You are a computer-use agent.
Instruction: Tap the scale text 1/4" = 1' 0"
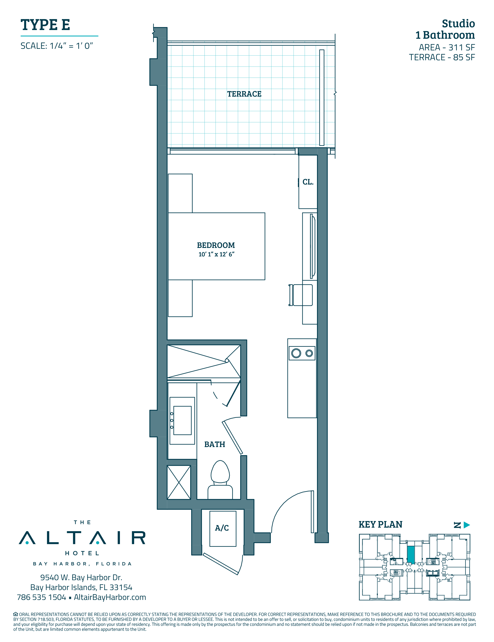[72, 46]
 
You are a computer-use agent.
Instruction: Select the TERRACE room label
[244, 94]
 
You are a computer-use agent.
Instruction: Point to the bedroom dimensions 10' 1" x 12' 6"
[216, 254]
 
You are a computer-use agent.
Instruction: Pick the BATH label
[215, 444]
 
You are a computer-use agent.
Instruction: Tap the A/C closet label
[222, 528]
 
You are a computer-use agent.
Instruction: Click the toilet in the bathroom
[220, 480]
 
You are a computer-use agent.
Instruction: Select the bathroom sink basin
[182, 421]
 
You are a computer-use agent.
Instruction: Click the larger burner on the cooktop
[296, 353]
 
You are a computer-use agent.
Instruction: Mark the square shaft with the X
[179, 483]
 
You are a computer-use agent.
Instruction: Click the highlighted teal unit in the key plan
[411, 555]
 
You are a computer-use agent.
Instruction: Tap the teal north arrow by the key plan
[467, 525]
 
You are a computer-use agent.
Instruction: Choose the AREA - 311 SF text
[447, 47]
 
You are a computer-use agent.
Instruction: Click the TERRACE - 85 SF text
[442, 57]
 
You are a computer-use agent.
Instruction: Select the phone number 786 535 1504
[41, 597]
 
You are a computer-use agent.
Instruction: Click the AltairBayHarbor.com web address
[110, 597]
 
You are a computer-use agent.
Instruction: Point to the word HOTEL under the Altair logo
[82, 553]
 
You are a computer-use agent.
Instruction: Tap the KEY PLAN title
[381, 525]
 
